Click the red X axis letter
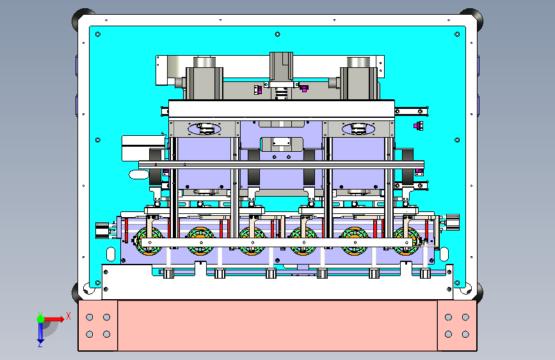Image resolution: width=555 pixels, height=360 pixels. pyautogui.click(x=68, y=316)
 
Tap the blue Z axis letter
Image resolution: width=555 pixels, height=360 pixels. pyautogui.click(x=40, y=344)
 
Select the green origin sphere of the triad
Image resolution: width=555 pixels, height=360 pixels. pyautogui.click(x=41, y=319)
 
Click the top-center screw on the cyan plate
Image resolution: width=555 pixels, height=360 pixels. pyautogui.click(x=278, y=35)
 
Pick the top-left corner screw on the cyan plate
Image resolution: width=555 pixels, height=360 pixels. pyautogui.click(x=98, y=35)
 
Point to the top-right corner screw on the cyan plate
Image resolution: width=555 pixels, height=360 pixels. pyautogui.click(x=457, y=35)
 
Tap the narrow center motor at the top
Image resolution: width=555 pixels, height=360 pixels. pyautogui.click(x=282, y=67)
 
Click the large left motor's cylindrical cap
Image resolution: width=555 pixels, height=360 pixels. pyautogui.click(x=204, y=61)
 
